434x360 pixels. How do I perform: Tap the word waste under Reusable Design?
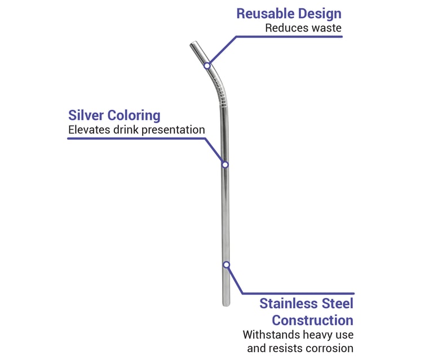coord(327,28)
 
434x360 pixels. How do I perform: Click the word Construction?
coord(313,321)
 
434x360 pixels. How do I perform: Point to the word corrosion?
coord(329,348)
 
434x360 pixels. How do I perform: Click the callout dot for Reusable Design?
coord(207,66)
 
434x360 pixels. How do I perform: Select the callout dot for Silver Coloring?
coord(224,165)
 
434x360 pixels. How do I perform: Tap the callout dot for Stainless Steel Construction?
coord(226,264)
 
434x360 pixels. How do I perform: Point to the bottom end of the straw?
coord(227,304)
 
